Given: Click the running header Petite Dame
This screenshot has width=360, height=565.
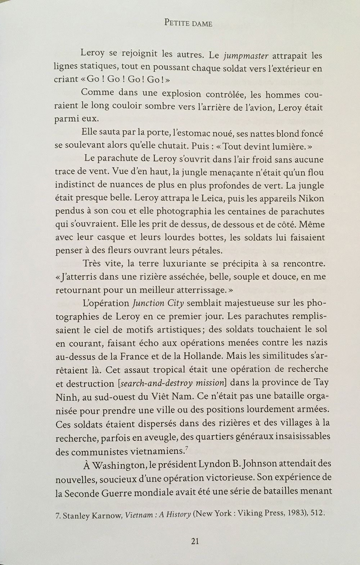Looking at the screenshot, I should [x=188, y=23].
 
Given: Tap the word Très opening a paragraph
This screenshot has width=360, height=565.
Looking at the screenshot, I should [x=92, y=263].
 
